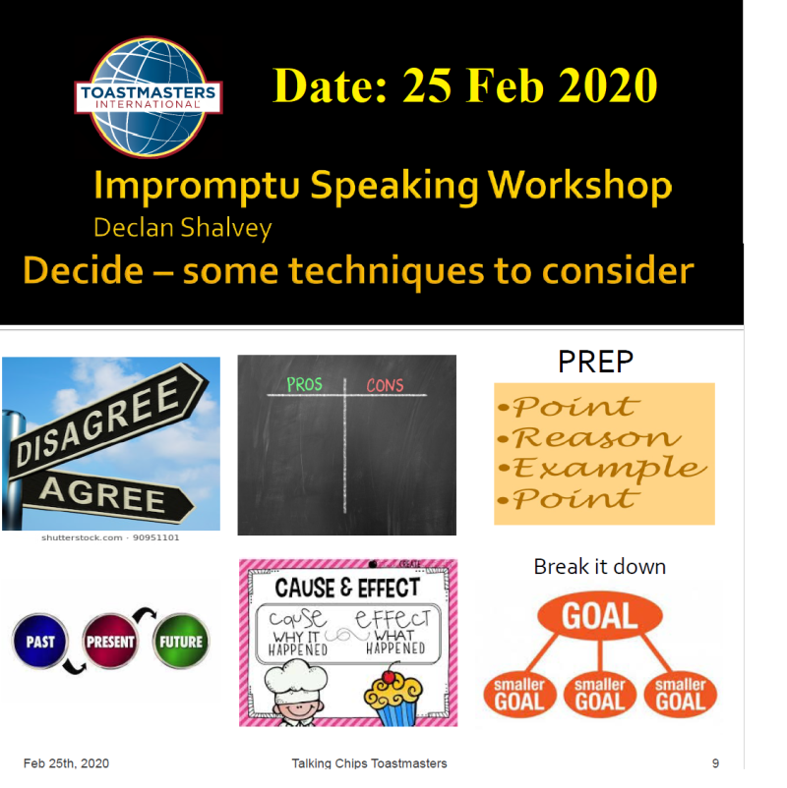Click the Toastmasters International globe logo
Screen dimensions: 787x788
pyautogui.click(x=149, y=97)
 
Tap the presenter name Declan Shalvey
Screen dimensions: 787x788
pyautogui.click(x=183, y=228)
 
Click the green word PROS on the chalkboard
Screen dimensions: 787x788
pyautogui.click(x=304, y=384)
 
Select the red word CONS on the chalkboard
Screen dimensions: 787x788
pyautogui.click(x=385, y=385)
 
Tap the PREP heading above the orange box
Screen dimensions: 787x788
pyautogui.click(x=595, y=361)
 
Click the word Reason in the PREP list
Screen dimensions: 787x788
pyautogui.click(x=597, y=437)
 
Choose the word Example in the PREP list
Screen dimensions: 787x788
pyautogui.click(x=610, y=468)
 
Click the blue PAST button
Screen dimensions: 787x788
pyautogui.click(x=40, y=642)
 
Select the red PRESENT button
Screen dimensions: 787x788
pyautogui.click(x=110, y=642)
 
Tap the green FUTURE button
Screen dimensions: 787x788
pyautogui.click(x=181, y=642)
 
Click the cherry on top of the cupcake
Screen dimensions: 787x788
pyautogui.click(x=389, y=676)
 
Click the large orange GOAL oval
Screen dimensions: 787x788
pyautogui.click(x=600, y=616)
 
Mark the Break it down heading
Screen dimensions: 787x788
pyautogui.click(x=600, y=567)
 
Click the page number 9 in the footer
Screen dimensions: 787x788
pyautogui.click(x=715, y=763)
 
